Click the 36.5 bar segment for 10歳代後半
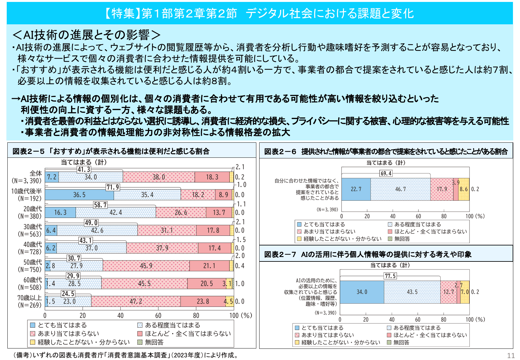click(79, 195)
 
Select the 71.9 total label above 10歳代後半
click(113, 187)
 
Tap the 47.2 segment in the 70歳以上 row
click(136, 301)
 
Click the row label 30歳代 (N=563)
click(30, 230)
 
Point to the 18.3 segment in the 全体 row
click(212, 177)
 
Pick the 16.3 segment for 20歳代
click(60, 212)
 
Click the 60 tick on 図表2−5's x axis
click(158, 315)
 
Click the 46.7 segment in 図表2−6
click(400, 189)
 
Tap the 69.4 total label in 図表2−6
click(386, 173)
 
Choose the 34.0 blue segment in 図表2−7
click(362, 292)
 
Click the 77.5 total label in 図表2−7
click(390, 276)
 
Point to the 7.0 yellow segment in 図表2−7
click(465, 292)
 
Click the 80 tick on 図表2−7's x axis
click(444, 319)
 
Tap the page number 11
click(511, 356)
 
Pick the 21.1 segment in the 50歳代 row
click(209, 266)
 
